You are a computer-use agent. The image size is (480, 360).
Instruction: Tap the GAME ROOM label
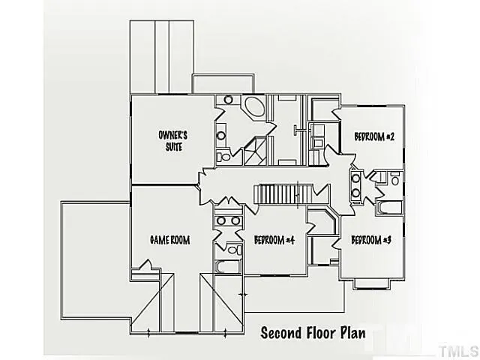169,241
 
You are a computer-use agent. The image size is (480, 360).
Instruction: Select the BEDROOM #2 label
374,136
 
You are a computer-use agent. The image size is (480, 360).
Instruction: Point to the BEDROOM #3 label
371,240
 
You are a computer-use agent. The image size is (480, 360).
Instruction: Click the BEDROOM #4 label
274,241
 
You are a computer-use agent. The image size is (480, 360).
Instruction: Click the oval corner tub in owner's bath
254,107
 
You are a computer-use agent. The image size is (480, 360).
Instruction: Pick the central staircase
279,193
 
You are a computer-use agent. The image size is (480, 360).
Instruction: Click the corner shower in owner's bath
255,150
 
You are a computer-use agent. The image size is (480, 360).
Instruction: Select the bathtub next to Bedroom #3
389,207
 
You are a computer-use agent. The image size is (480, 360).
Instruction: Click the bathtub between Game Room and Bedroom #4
226,266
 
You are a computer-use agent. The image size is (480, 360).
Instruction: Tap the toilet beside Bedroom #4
233,250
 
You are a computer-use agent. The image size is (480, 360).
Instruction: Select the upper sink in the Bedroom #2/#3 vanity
355,180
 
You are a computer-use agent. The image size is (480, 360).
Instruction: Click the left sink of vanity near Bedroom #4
220,221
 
